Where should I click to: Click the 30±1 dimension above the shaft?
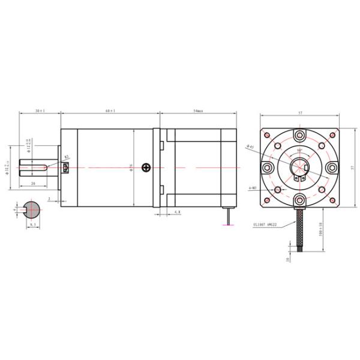pyautogui.click(x=40, y=111)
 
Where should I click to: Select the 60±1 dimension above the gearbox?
pyautogui.click(x=110, y=111)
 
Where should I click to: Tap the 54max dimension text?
pyautogui.click(x=198, y=111)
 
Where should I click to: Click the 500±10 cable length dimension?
pyautogui.click(x=321, y=228)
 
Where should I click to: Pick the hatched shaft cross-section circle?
pyautogui.click(x=31, y=208)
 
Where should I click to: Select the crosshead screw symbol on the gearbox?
pyautogui.click(x=145, y=167)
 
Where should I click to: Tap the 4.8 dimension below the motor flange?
pyautogui.click(x=177, y=212)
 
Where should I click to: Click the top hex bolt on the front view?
pyautogui.click(x=299, y=134)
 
